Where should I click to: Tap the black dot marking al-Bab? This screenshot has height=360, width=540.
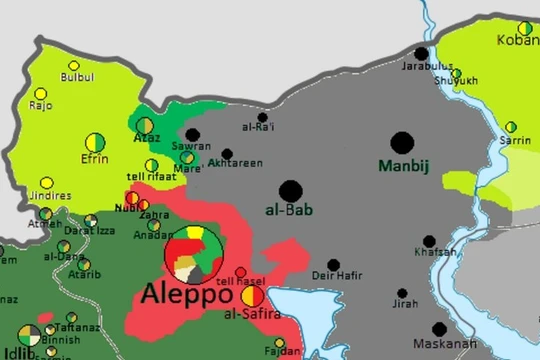tap(291, 191)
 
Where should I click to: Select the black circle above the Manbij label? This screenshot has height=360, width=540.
tap(402, 143)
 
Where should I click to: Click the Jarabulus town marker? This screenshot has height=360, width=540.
tap(421, 53)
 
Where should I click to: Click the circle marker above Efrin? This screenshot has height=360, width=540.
tap(95, 141)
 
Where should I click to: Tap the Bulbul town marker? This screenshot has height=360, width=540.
tap(74, 66)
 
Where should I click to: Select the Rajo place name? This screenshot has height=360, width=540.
tap(41, 105)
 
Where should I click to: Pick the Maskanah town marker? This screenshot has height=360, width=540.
tap(439, 329)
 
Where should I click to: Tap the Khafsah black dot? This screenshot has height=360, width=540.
tap(429, 241)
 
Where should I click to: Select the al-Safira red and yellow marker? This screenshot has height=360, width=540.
tap(252, 296)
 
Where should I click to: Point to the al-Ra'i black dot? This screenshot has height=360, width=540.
tap(262, 117)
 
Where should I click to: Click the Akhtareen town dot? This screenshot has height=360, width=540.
tap(227, 154)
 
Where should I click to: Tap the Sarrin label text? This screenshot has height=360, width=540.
tap(516, 141)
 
